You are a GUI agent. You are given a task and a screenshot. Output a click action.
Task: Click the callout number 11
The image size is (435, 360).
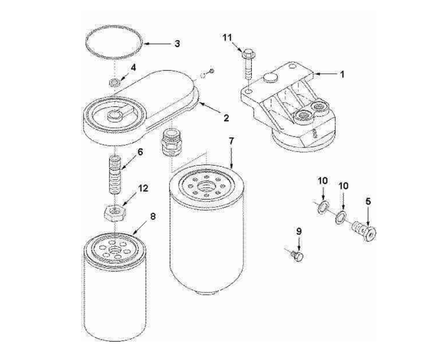(x=228, y=39)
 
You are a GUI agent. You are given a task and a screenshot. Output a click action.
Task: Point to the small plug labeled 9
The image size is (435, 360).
(x=297, y=256)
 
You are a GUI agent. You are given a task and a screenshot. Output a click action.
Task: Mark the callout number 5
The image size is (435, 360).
(x=368, y=201)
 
